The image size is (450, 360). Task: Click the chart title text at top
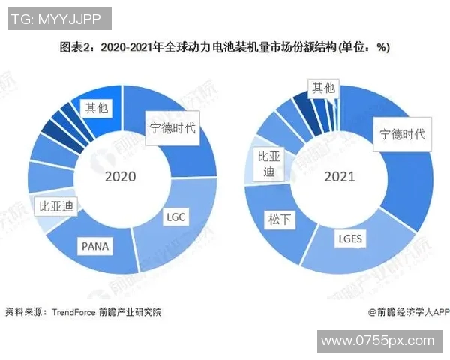[225, 47]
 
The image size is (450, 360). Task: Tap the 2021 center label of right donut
[339, 178]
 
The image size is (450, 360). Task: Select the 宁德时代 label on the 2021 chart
[401, 134]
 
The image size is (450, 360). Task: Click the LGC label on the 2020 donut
[175, 217]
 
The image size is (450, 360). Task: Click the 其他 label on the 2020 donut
[97, 108]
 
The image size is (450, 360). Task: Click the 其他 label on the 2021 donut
[324, 88]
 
